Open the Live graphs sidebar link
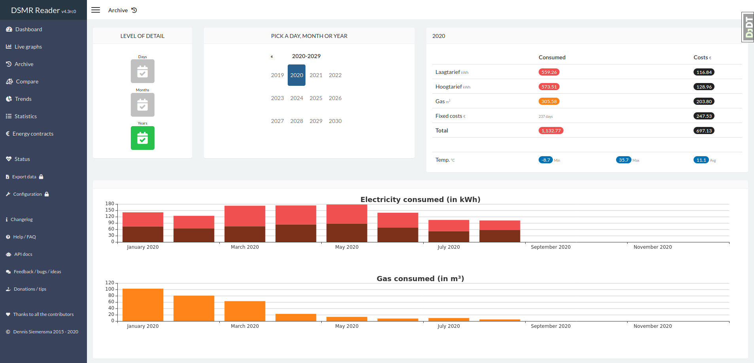tap(28, 47)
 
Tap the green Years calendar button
tap(143, 138)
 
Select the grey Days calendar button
tap(143, 71)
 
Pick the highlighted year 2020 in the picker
tap(296, 75)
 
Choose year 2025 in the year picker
tap(316, 98)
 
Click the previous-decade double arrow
tap(272, 57)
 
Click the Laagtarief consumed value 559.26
tap(549, 72)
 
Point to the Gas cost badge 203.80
tap(704, 101)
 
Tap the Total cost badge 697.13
tap(704, 130)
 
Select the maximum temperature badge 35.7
tap(624, 160)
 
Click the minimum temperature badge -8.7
tap(546, 160)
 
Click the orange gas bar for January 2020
tap(143, 305)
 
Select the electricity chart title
tap(420, 199)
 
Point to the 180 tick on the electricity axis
tap(109, 204)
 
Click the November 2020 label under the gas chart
tap(652, 326)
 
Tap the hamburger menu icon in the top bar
tap(96, 10)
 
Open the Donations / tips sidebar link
tap(30, 289)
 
